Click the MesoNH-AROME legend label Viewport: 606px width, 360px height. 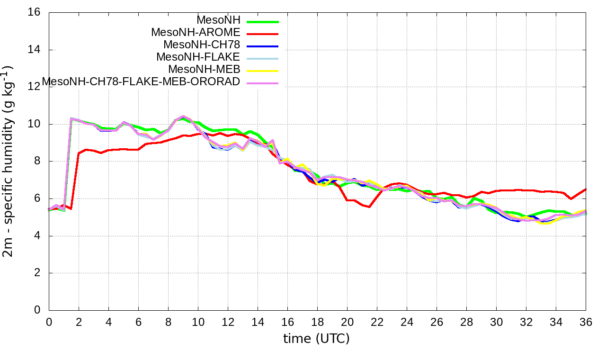196,32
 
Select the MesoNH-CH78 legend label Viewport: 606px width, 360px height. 202,45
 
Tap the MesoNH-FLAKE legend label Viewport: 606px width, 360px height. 199,57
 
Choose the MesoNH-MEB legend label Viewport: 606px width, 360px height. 205,69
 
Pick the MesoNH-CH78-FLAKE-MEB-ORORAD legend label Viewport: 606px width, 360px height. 141,81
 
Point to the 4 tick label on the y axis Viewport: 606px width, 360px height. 38,236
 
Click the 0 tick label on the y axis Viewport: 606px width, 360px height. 38,310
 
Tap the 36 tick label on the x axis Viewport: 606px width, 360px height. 586,322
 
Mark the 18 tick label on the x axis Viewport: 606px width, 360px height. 317,322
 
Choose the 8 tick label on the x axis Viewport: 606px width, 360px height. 168,322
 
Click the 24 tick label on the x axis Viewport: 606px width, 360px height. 407,322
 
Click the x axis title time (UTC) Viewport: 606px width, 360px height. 316,339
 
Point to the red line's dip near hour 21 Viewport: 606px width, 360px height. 368,207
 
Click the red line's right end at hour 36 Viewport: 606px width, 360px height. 586,189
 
